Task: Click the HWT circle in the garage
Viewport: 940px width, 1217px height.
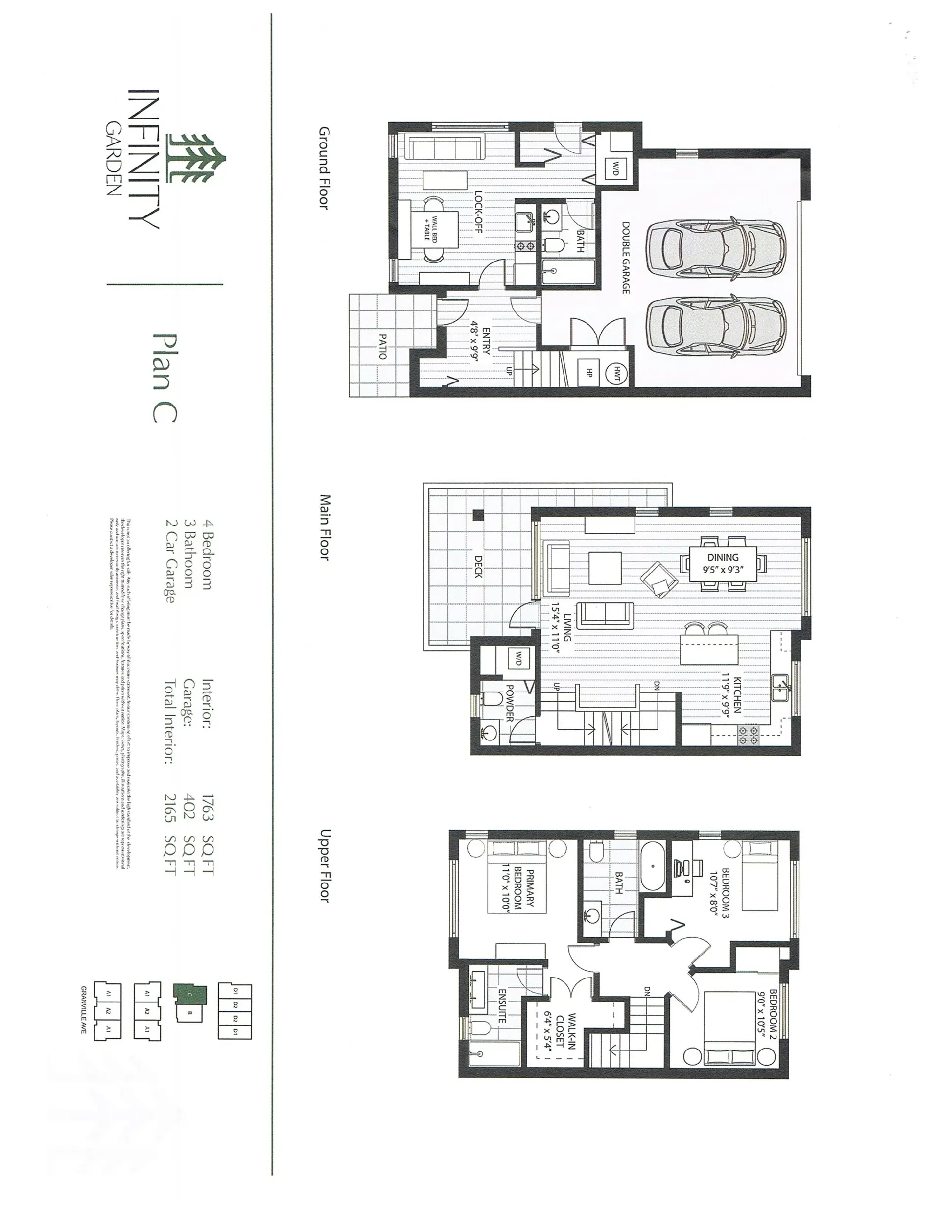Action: pos(617,371)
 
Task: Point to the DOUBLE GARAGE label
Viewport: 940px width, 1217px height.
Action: pos(625,258)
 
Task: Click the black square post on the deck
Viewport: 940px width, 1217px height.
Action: pos(477,515)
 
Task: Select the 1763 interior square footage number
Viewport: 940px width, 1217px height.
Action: pos(207,808)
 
